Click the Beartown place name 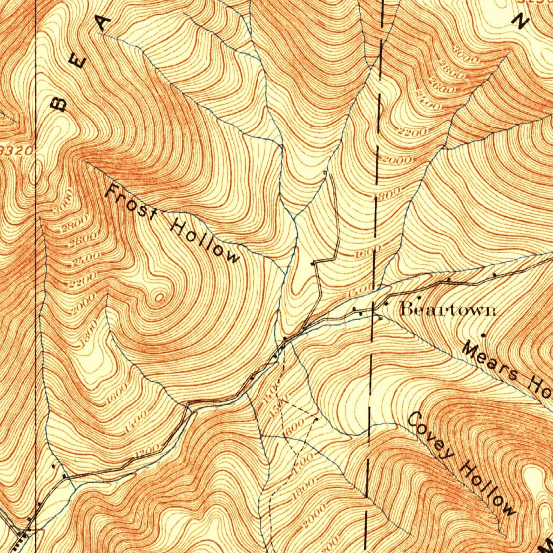click(448, 309)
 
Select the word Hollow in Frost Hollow click(205, 240)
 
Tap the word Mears click(489, 362)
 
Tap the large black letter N click(521, 21)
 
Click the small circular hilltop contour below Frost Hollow click(159, 296)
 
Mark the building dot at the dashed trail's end click(316, 418)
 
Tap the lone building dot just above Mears click(483, 335)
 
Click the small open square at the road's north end click(325, 172)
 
